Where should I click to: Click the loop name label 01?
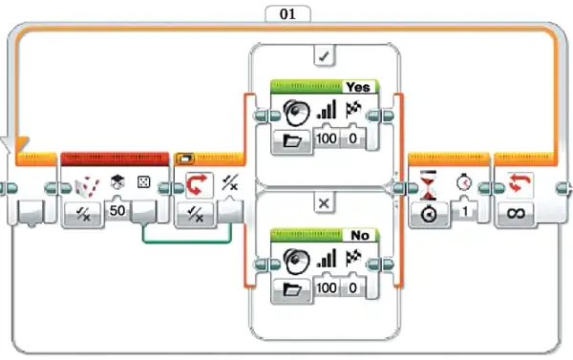point(287,14)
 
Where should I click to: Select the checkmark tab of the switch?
point(324,56)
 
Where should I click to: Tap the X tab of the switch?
point(324,203)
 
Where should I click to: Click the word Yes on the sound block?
point(358,87)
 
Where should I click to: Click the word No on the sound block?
point(360,235)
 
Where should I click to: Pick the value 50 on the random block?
point(117,210)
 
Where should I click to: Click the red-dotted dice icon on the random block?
point(87,187)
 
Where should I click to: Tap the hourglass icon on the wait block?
point(428,184)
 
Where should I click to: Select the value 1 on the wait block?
point(464,211)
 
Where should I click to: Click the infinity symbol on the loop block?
point(516,213)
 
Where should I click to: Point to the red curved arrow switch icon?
point(199,184)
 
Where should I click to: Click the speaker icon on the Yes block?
point(296,112)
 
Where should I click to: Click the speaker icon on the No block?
point(296,260)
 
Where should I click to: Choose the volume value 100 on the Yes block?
point(327,138)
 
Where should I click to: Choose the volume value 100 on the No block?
point(327,287)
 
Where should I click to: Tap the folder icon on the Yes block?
point(292,140)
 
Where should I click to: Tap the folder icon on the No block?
point(292,289)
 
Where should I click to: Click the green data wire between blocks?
point(187,242)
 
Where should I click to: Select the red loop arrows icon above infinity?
point(520,183)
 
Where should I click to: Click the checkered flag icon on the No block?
point(353,258)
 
